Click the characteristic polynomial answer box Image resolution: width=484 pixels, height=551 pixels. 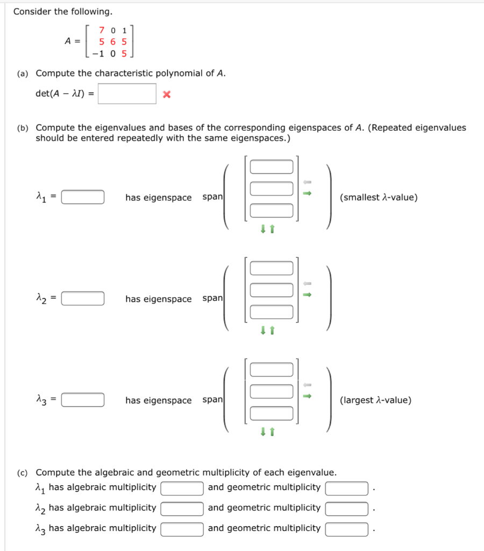(127, 94)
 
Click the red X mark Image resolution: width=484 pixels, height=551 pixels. (166, 95)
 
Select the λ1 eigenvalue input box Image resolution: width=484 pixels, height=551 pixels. (83, 197)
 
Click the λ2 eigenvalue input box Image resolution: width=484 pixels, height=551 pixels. (83, 298)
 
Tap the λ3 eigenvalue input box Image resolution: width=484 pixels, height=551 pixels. (83, 400)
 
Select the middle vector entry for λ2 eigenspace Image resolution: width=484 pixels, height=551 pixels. (271, 290)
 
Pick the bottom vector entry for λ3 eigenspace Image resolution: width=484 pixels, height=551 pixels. (271, 413)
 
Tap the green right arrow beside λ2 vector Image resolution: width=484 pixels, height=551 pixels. (307, 294)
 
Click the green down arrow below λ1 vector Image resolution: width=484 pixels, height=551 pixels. (263, 229)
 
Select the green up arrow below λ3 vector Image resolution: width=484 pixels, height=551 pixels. (272, 432)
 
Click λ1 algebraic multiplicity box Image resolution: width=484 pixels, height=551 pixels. (182, 488)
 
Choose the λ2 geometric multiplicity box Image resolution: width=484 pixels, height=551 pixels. (347, 508)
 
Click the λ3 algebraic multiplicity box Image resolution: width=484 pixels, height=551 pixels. (182, 529)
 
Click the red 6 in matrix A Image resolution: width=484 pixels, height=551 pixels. (113, 41)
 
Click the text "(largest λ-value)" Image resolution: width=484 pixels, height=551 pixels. (375, 400)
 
